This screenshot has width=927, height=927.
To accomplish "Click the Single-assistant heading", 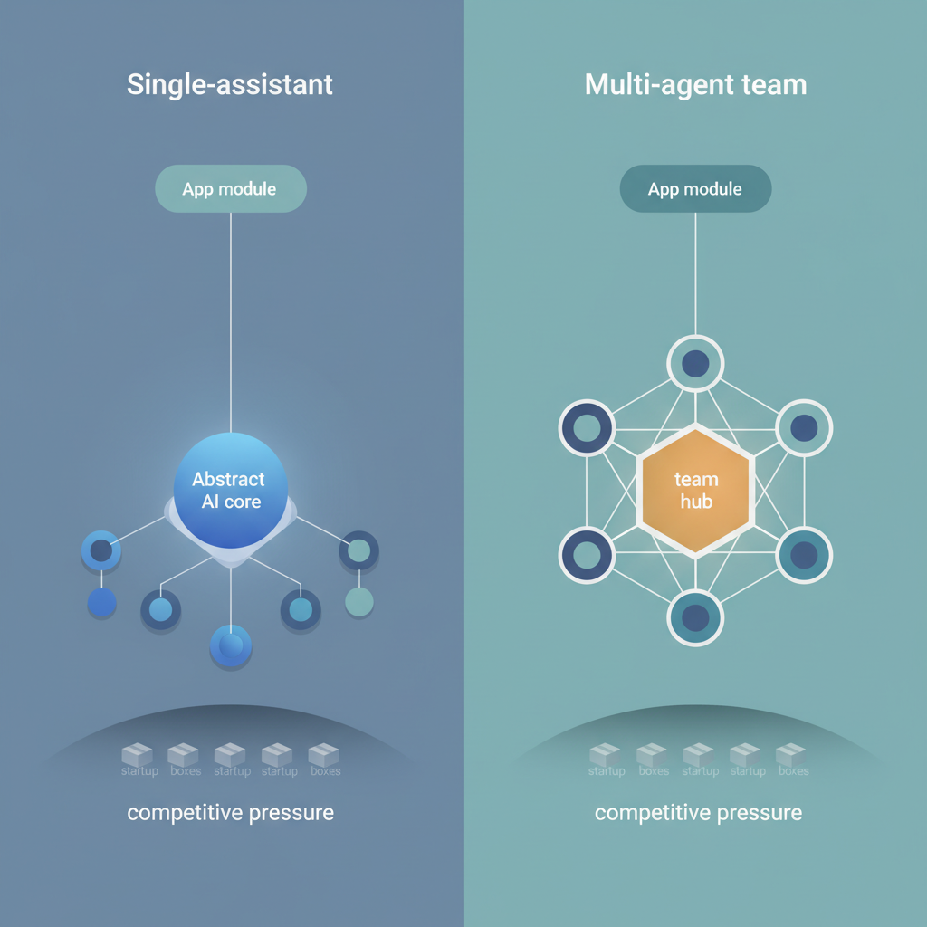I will pos(230,85).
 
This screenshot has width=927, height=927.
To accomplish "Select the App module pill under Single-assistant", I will pos(230,189).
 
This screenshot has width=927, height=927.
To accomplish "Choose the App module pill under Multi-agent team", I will pos(695,189).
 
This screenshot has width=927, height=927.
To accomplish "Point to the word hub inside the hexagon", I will pos(695,502).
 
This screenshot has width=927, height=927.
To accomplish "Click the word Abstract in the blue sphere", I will pos(228,479).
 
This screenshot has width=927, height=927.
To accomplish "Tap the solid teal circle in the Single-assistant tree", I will pos(359,601).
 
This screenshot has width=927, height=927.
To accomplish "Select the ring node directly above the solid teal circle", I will pos(359,550).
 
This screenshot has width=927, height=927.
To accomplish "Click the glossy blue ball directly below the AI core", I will pos(231,645).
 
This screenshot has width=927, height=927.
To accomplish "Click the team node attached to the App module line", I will pos(695,363).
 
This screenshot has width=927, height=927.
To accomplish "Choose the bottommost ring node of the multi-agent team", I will pos(695,617).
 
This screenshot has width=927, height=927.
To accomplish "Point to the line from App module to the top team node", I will pos(695,272).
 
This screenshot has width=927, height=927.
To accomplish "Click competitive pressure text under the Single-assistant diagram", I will pos(230,812).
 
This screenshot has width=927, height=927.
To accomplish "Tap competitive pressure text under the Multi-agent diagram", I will pos(698,812).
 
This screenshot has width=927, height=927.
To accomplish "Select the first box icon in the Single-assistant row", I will pos(139,755).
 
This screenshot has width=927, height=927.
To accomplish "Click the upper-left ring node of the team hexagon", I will pos(587,428).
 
